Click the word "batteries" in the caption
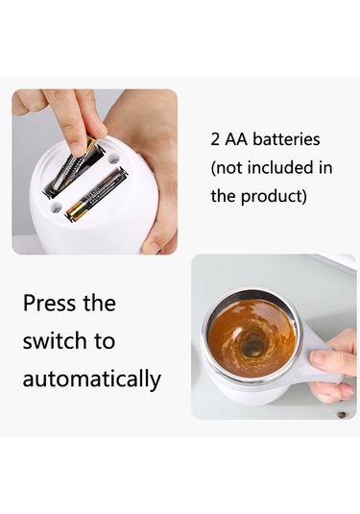[x=286, y=139]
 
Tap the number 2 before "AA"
[x=215, y=139]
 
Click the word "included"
[x=281, y=167]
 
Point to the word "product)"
[x=274, y=197]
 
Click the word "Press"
[x=49, y=304]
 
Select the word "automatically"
[x=92, y=379]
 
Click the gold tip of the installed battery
[x=76, y=211]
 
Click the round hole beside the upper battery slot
[x=113, y=159]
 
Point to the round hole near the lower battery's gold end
[x=56, y=208]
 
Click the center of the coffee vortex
[x=252, y=347]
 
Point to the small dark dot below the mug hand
[x=341, y=415]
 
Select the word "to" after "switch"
[x=105, y=341]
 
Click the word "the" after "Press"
[x=99, y=304]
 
